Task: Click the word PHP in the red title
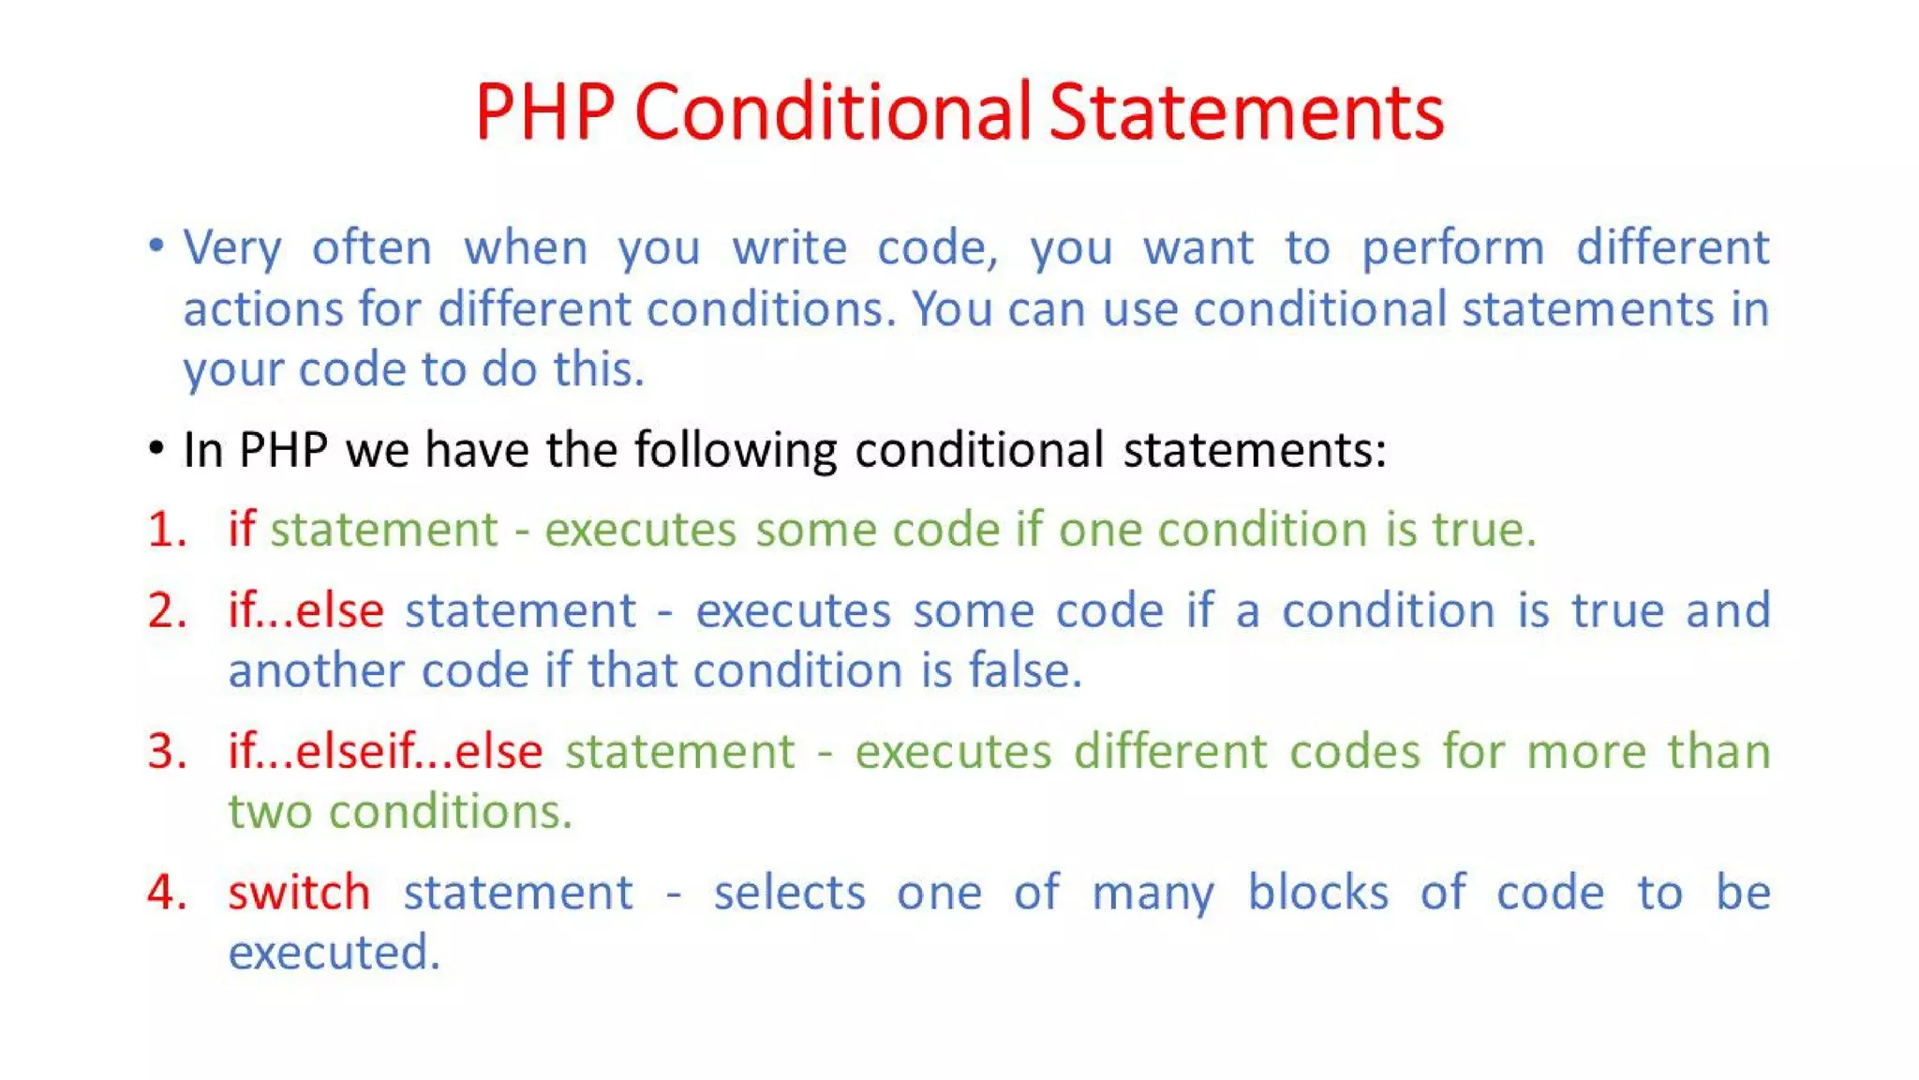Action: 544,112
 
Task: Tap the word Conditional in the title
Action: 832,112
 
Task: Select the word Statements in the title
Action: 1246,112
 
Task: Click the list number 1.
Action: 166,530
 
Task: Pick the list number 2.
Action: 166,610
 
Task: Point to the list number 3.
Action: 166,751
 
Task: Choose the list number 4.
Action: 166,892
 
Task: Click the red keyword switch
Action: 299,892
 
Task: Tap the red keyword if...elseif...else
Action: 385,751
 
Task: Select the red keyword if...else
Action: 305,610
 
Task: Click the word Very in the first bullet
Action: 231,249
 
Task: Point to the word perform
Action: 1452,249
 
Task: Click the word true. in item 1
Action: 1484,530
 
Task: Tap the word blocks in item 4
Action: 1317,892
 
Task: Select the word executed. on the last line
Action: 334,952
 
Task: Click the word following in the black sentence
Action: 736,450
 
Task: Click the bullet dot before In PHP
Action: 156,448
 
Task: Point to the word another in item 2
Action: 316,670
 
